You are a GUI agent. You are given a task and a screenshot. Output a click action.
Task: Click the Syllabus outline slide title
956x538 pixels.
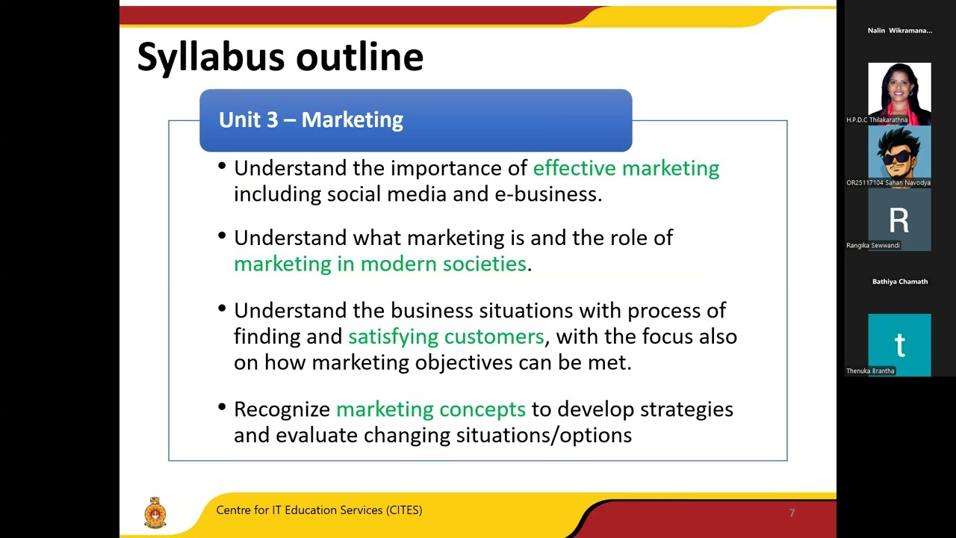pyautogui.click(x=280, y=57)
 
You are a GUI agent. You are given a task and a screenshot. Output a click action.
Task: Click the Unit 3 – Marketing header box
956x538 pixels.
pyautogui.click(x=415, y=120)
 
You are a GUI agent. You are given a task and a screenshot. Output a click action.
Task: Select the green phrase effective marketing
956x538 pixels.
pyautogui.click(x=626, y=168)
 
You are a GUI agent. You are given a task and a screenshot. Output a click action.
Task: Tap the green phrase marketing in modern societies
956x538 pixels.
pyautogui.click(x=379, y=264)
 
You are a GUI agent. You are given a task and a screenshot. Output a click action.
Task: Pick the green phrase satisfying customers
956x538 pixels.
pyautogui.click(x=446, y=336)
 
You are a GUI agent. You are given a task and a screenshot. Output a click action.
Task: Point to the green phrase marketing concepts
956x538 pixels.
pyautogui.click(x=430, y=409)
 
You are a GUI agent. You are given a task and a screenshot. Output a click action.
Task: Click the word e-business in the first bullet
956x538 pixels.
pyautogui.click(x=547, y=194)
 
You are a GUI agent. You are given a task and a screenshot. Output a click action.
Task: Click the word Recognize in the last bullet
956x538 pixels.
pyautogui.click(x=282, y=409)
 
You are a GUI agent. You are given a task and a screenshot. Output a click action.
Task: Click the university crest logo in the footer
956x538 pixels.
pyautogui.click(x=155, y=513)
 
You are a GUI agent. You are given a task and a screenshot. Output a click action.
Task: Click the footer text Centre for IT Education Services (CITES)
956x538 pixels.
pyautogui.click(x=319, y=510)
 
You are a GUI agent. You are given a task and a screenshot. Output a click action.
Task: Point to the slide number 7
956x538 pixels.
pyautogui.click(x=792, y=513)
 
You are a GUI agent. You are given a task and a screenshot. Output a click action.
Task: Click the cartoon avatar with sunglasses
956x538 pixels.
pyautogui.click(x=899, y=155)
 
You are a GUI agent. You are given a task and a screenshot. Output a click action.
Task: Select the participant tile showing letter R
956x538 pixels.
pyautogui.click(x=899, y=220)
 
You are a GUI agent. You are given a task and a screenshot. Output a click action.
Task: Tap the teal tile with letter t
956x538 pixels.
pyautogui.click(x=899, y=344)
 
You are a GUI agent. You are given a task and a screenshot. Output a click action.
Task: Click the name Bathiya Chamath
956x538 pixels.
pyautogui.click(x=899, y=282)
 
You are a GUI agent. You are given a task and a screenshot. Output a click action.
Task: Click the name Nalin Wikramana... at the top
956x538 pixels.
pyautogui.click(x=899, y=31)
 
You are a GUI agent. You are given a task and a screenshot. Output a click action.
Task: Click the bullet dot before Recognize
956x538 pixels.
pyautogui.click(x=222, y=408)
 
